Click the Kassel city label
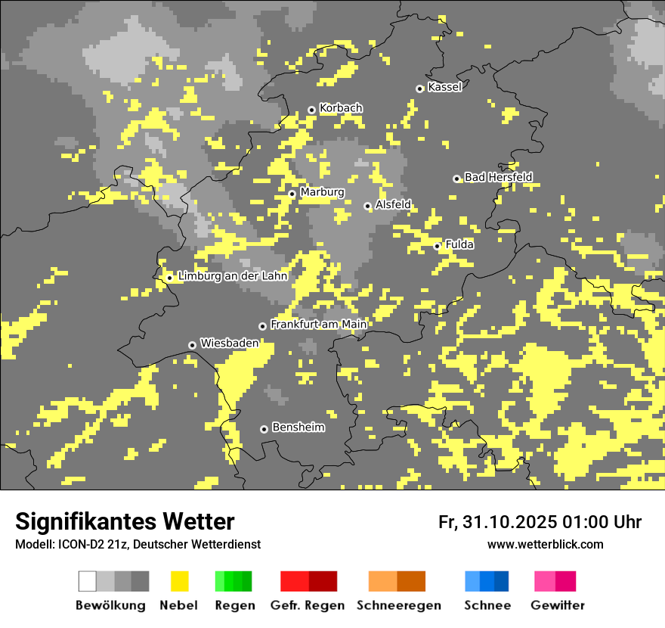(x=444, y=87)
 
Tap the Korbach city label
(x=341, y=108)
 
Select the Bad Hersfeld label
(x=498, y=177)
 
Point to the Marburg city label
(x=322, y=192)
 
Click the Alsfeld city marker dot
(x=367, y=206)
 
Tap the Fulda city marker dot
(x=437, y=246)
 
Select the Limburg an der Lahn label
(x=233, y=276)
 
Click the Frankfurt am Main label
(x=318, y=325)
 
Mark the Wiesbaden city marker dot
(x=192, y=345)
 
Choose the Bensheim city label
(x=298, y=427)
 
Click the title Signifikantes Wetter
(x=125, y=521)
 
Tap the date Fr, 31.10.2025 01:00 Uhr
(x=540, y=522)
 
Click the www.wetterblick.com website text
(x=545, y=544)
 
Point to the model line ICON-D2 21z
(x=138, y=544)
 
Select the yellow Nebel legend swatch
(x=179, y=581)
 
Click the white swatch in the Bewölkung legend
(x=88, y=581)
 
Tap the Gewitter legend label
(x=557, y=605)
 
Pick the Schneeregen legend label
(x=398, y=605)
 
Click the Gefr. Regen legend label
(x=308, y=605)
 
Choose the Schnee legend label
(x=487, y=605)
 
